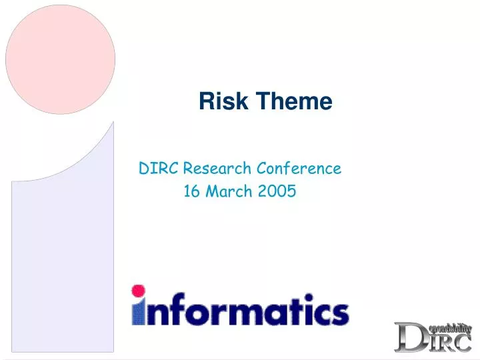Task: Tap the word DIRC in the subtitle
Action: (x=159, y=168)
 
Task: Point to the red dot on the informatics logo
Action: (x=139, y=291)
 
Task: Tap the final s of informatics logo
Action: (x=339, y=312)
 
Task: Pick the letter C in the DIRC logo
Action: (x=459, y=342)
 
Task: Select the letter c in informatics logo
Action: (x=318, y=312)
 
